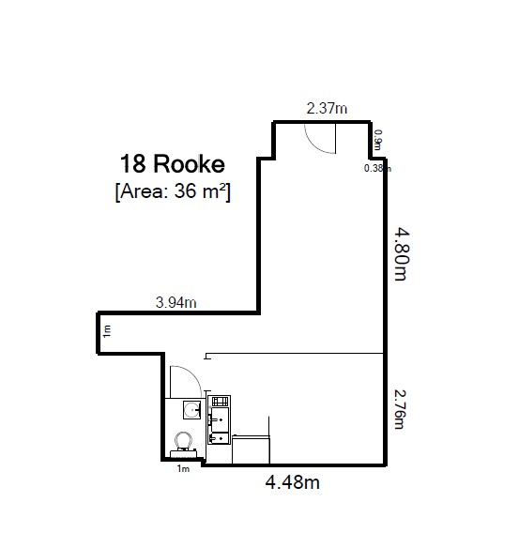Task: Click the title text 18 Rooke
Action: [172, 164]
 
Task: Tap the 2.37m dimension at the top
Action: [327, 109]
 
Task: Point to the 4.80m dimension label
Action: [401, 251]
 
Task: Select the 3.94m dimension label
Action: [176, 301]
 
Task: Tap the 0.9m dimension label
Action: [378, 140]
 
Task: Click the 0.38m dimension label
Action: [377, 169]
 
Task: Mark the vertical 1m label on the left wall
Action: [107, 330]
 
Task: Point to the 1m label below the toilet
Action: [183, 469]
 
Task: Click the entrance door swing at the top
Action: [319, 138]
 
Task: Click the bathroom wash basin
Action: [192, 410]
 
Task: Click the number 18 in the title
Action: [132, 164]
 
